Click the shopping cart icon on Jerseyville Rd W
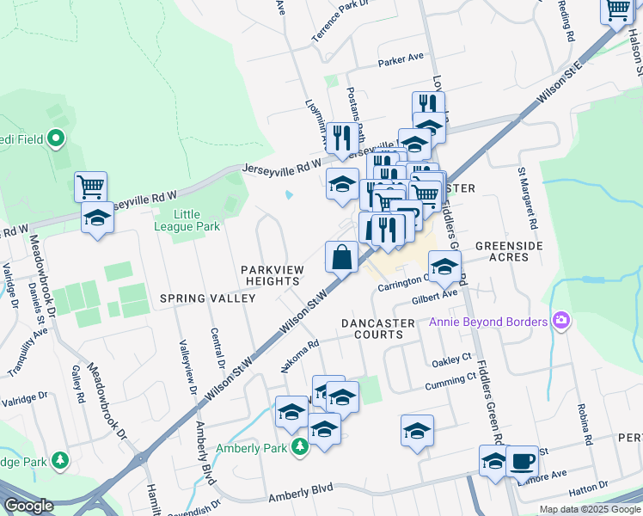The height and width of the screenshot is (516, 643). coord(90,186)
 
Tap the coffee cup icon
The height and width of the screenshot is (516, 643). coord(522,461)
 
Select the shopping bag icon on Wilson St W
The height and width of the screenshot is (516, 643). coord(341,257)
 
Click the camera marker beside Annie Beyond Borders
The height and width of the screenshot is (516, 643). coord(561,321)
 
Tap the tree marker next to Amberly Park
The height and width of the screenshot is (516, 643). coord(298,447)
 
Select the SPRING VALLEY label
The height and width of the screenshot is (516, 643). coord(207,298)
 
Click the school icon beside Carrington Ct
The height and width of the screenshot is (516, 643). coord(444,267)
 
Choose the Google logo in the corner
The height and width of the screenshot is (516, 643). coord(29,506)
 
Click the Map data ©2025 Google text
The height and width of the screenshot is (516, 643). coord(589,509)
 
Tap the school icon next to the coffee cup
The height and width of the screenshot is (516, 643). coord(493,461)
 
